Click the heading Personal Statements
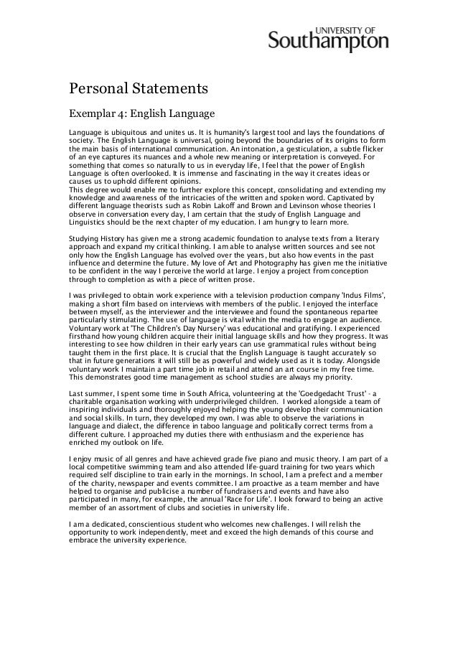pyautogui.click(x=138, y=90)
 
